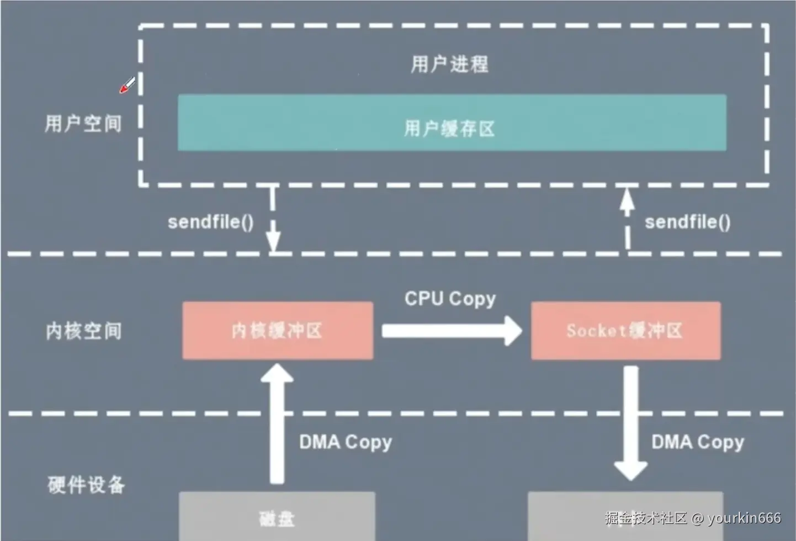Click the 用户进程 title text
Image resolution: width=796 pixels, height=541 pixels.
[449, 64]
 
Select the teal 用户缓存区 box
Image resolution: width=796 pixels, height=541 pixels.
[452, 123]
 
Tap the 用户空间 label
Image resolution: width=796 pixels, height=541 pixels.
[83, 123]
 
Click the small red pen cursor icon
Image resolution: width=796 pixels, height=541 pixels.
[128, 86]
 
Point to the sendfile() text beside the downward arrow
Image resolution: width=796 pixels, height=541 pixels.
[211, 222]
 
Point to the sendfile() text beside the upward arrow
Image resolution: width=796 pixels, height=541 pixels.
[688, 222]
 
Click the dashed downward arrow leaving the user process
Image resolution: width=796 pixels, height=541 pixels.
[273, 221]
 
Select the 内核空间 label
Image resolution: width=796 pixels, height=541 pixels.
[83, 331]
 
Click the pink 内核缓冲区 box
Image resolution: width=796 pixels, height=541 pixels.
[278, 331]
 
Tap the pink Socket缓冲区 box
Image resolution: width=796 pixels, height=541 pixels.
[625, 331]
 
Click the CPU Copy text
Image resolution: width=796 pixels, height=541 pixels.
[450, 299]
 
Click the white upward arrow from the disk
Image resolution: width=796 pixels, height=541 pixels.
[277, 425]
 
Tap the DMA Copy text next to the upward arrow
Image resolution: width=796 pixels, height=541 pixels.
[346, 442]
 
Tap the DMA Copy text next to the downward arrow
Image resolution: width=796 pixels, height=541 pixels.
[698, 442]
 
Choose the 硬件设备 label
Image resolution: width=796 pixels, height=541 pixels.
[86, 485]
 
